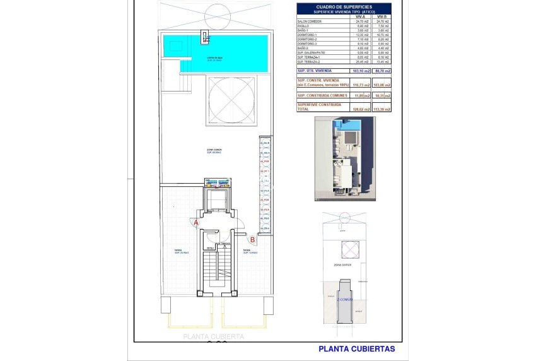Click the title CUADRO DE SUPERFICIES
pos(344,6)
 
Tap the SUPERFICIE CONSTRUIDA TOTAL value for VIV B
pos(382,109)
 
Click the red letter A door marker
pos(196,223)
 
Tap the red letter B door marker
pos(252,239)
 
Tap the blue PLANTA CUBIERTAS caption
pos(356,348)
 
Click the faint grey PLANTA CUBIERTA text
pos(213,337)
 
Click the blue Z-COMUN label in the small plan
pos(344,299)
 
